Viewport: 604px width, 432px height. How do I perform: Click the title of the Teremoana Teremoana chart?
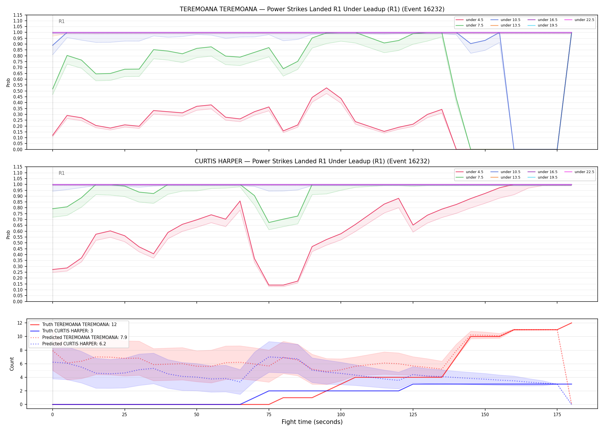[312, 9]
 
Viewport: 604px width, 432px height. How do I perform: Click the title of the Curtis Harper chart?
[312, 161]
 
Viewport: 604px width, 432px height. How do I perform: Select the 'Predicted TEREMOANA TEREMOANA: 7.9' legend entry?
[79, 337]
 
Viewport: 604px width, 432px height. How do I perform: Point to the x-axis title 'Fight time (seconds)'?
[312, 422]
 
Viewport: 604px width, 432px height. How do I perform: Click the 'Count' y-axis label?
[12, 364]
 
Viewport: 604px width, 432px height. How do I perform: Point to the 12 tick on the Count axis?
[20, 323]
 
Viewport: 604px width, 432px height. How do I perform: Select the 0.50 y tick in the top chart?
[18, 91]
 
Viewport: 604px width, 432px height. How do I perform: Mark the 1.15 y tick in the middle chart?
[18, 167]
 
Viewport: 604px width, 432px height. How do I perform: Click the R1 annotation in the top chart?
[62, 21]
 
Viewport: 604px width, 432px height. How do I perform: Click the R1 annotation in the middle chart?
[62, 173]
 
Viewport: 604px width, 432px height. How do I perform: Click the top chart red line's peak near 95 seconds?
[326, 88]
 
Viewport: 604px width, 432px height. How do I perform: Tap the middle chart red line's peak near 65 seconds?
[240, 201]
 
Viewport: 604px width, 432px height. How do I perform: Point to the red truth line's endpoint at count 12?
[571, 323]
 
